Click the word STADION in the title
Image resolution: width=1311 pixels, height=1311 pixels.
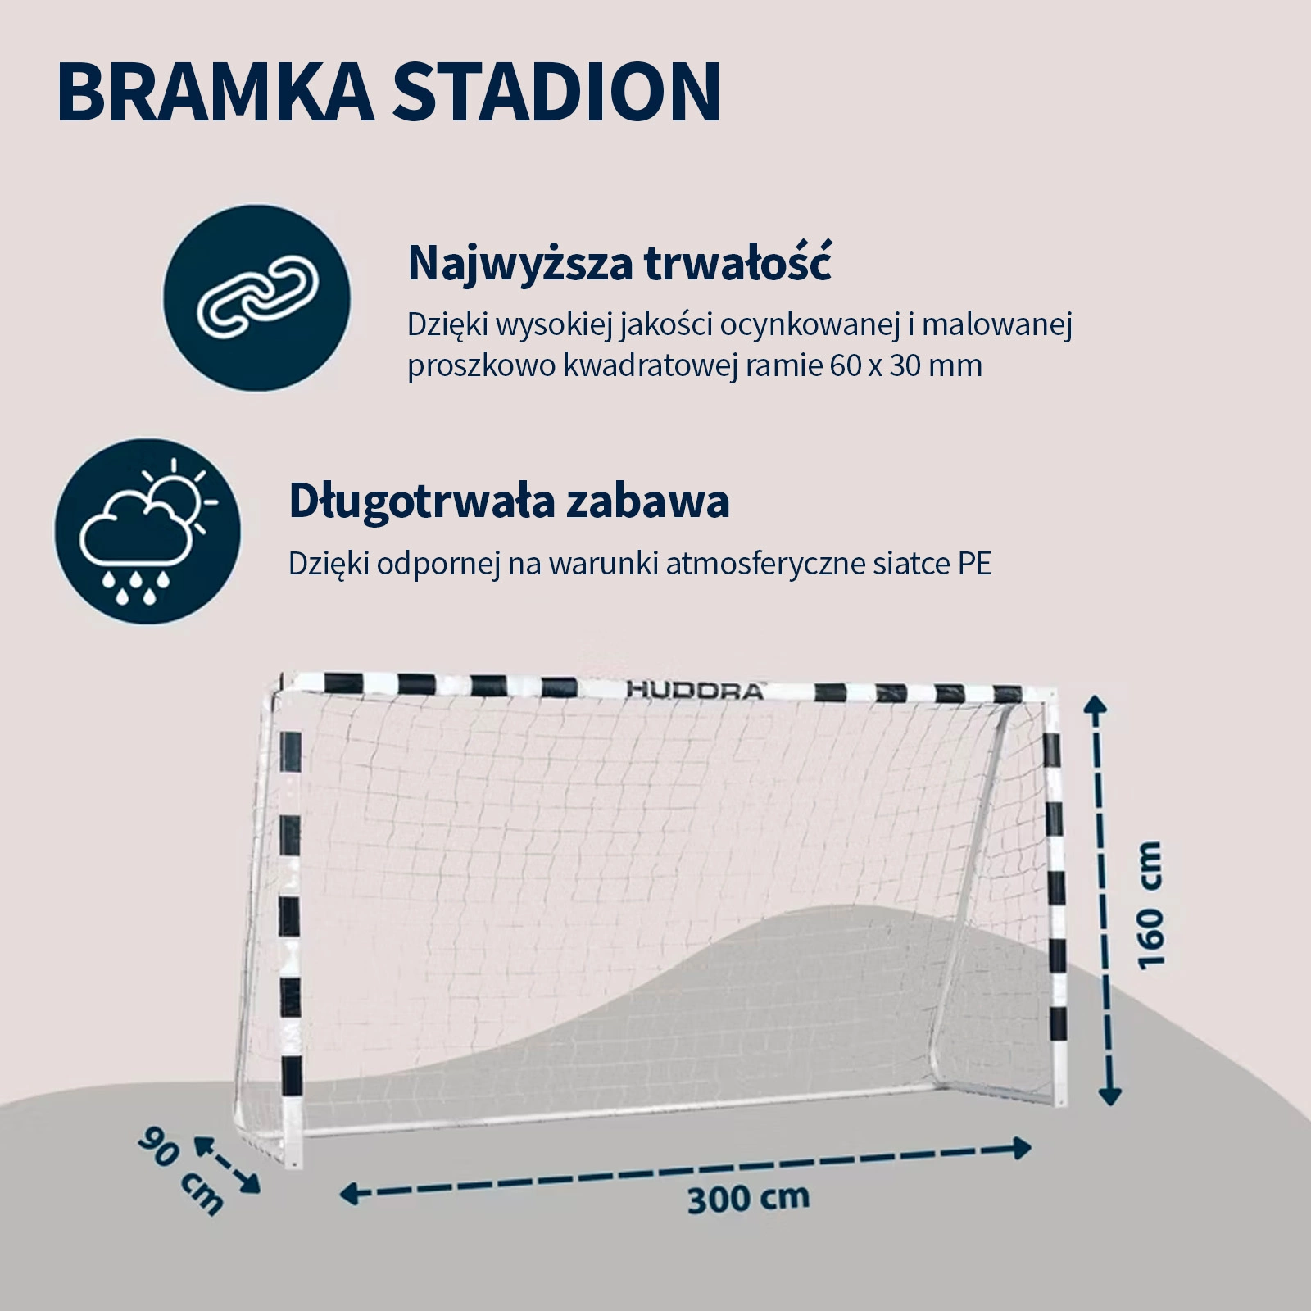pos(556,91)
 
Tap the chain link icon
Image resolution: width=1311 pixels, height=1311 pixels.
pos(257,297)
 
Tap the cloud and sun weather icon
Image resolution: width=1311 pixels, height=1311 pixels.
pos(148,531)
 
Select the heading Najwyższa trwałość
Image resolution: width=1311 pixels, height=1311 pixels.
pos(619,264)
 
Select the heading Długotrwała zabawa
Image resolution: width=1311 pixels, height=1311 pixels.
pos(509,501)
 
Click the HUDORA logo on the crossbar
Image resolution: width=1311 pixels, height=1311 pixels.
pos(695,690)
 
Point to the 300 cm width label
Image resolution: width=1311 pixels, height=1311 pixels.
pos(748,1199)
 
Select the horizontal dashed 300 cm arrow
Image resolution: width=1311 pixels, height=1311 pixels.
pos(686,1172)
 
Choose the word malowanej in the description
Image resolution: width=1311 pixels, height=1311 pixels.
pos(997,325)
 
